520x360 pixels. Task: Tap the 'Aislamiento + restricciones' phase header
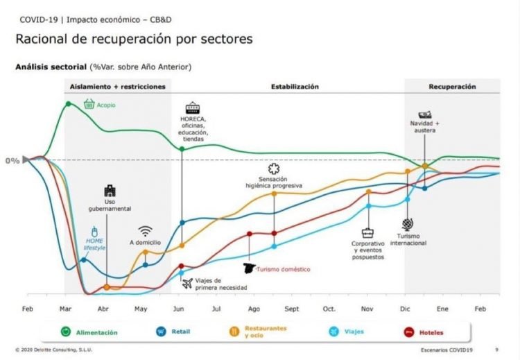coord(117,87)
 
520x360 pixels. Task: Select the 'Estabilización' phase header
coord(295,87)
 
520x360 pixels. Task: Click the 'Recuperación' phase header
coord(452,87)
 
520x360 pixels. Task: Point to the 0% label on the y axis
coord(12,160)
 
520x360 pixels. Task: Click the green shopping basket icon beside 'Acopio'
coord(89,104)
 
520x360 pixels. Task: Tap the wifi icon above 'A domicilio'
coord(145,231)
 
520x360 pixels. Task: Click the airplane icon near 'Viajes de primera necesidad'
coord(187,282)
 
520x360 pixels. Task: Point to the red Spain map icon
coord(249,268)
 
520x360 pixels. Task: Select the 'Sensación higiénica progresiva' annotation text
coord(274,182)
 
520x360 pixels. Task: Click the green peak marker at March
coord(68,104)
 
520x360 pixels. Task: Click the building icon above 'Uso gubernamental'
coord(110,191)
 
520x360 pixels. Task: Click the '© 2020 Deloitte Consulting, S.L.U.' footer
coord(55,350)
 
